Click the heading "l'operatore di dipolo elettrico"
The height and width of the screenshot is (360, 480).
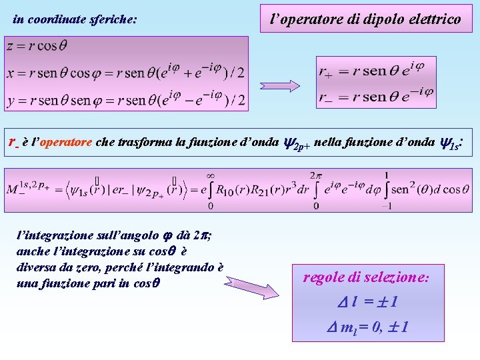click(365, 19)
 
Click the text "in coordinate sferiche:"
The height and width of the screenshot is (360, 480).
click(75, 20)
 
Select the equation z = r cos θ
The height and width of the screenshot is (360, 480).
click(37, 46)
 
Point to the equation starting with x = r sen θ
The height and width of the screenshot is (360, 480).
click(125, 72)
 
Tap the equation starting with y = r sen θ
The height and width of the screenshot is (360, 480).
click(125, 100)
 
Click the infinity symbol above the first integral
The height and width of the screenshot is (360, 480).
click(210, 175)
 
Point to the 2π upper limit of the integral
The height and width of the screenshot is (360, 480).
click(315, 175)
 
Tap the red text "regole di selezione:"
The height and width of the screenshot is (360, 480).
click(366, 277)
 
